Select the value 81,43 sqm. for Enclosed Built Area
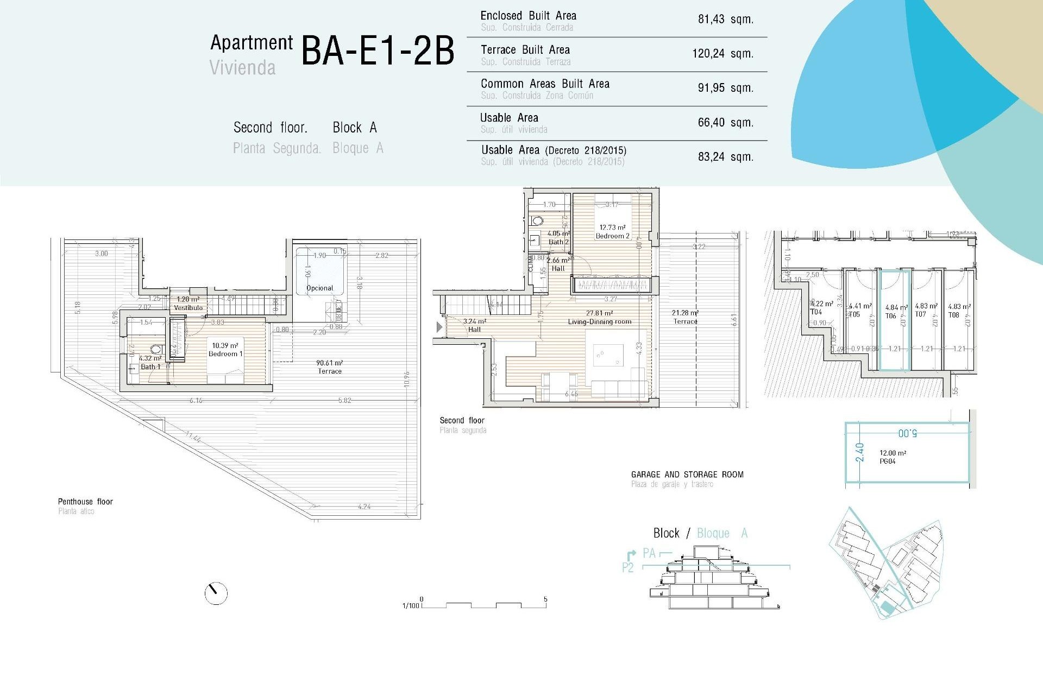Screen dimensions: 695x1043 tap(725, 20)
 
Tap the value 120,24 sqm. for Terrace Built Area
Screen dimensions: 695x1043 tap(722, 54)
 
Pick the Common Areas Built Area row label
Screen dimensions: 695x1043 tap(545, 84)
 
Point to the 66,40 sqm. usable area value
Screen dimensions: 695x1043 tap(725, 123)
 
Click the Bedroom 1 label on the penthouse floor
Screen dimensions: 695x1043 tap(225, 354)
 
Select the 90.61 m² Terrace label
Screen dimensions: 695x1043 tap(330, 368)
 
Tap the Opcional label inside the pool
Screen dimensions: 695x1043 tap(319, 288)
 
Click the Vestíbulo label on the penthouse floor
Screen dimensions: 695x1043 tap(188, 308)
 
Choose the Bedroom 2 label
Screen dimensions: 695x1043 tap(612, 236)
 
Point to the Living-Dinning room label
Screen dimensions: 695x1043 tap(600, 322)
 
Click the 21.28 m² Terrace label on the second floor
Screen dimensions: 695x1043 tap(685, 317)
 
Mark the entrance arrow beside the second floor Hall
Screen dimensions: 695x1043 tap(439, 327)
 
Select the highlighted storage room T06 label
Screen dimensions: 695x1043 tap(890, 316)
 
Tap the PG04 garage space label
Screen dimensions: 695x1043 tap(887, 462)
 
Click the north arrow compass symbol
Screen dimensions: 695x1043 tap(216, 593)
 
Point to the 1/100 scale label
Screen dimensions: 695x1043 tap(411, 605)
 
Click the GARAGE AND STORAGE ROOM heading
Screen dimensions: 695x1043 tap(687, 475)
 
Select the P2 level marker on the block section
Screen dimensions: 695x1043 tap(628, 568)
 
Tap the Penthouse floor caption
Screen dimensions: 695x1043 tap(85, 502)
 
